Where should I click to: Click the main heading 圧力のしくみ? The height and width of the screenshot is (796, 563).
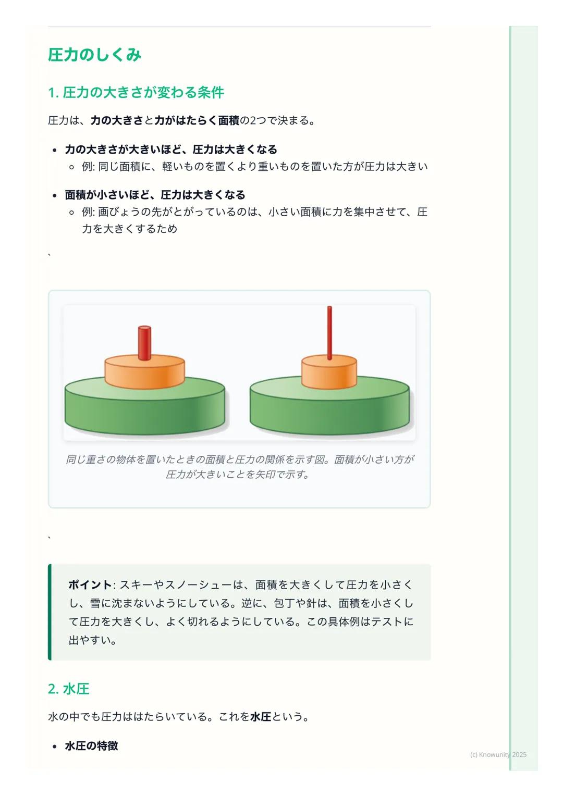point(94,55)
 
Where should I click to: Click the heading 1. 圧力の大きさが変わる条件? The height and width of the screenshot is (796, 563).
point(136,93)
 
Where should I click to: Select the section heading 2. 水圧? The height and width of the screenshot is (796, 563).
point(68,689)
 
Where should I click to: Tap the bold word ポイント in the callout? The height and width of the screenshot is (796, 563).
point(90,585)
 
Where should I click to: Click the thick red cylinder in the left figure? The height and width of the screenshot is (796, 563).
point(144,342)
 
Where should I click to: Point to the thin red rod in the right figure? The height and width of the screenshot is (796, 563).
point(329,332)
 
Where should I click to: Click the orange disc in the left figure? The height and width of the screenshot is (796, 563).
point(144,372)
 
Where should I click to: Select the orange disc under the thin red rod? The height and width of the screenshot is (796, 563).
point(329,372)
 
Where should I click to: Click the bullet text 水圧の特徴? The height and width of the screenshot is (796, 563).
point(91,745)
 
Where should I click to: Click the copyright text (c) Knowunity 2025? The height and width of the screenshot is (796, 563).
point(498,754)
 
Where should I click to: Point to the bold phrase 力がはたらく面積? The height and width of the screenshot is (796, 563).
point(197,121)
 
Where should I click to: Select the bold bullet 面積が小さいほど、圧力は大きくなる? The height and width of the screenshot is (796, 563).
point(155,195)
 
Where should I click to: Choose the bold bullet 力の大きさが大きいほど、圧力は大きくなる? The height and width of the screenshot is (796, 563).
point(171,150)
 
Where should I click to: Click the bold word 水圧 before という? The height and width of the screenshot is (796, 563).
point(261,717)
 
